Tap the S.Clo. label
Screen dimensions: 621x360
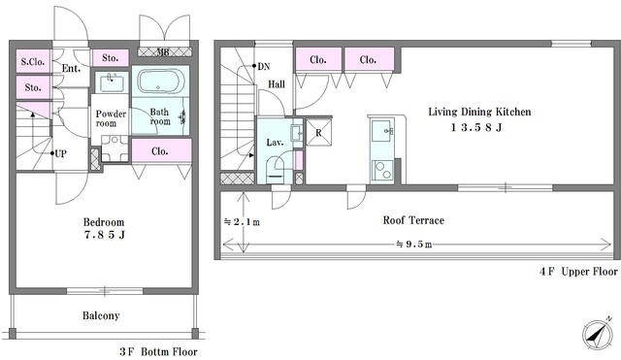(33, 62)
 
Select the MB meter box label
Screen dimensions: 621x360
(163, 51)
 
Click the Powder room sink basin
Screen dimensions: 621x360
(112, 82)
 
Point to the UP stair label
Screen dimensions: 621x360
(60, 154)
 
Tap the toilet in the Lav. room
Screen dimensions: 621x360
(276, 170)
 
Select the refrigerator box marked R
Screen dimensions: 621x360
(319, 133)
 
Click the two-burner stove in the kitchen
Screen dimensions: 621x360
(382, 171)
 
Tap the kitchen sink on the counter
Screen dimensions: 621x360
(382, 131)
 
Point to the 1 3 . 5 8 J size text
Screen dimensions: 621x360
(476, 127)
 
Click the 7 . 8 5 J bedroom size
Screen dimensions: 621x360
(105, 235)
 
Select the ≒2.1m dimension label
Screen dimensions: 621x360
(242, 222)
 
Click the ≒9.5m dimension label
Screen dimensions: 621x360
(414, 245)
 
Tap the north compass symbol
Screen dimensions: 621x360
(598, 334)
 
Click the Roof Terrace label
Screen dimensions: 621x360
(413, 220)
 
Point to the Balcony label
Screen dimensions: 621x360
(101, 315)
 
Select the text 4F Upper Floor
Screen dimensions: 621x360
(578, 272)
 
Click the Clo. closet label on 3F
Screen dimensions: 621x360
(159, 151)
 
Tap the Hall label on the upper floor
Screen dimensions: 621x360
(277, 84)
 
